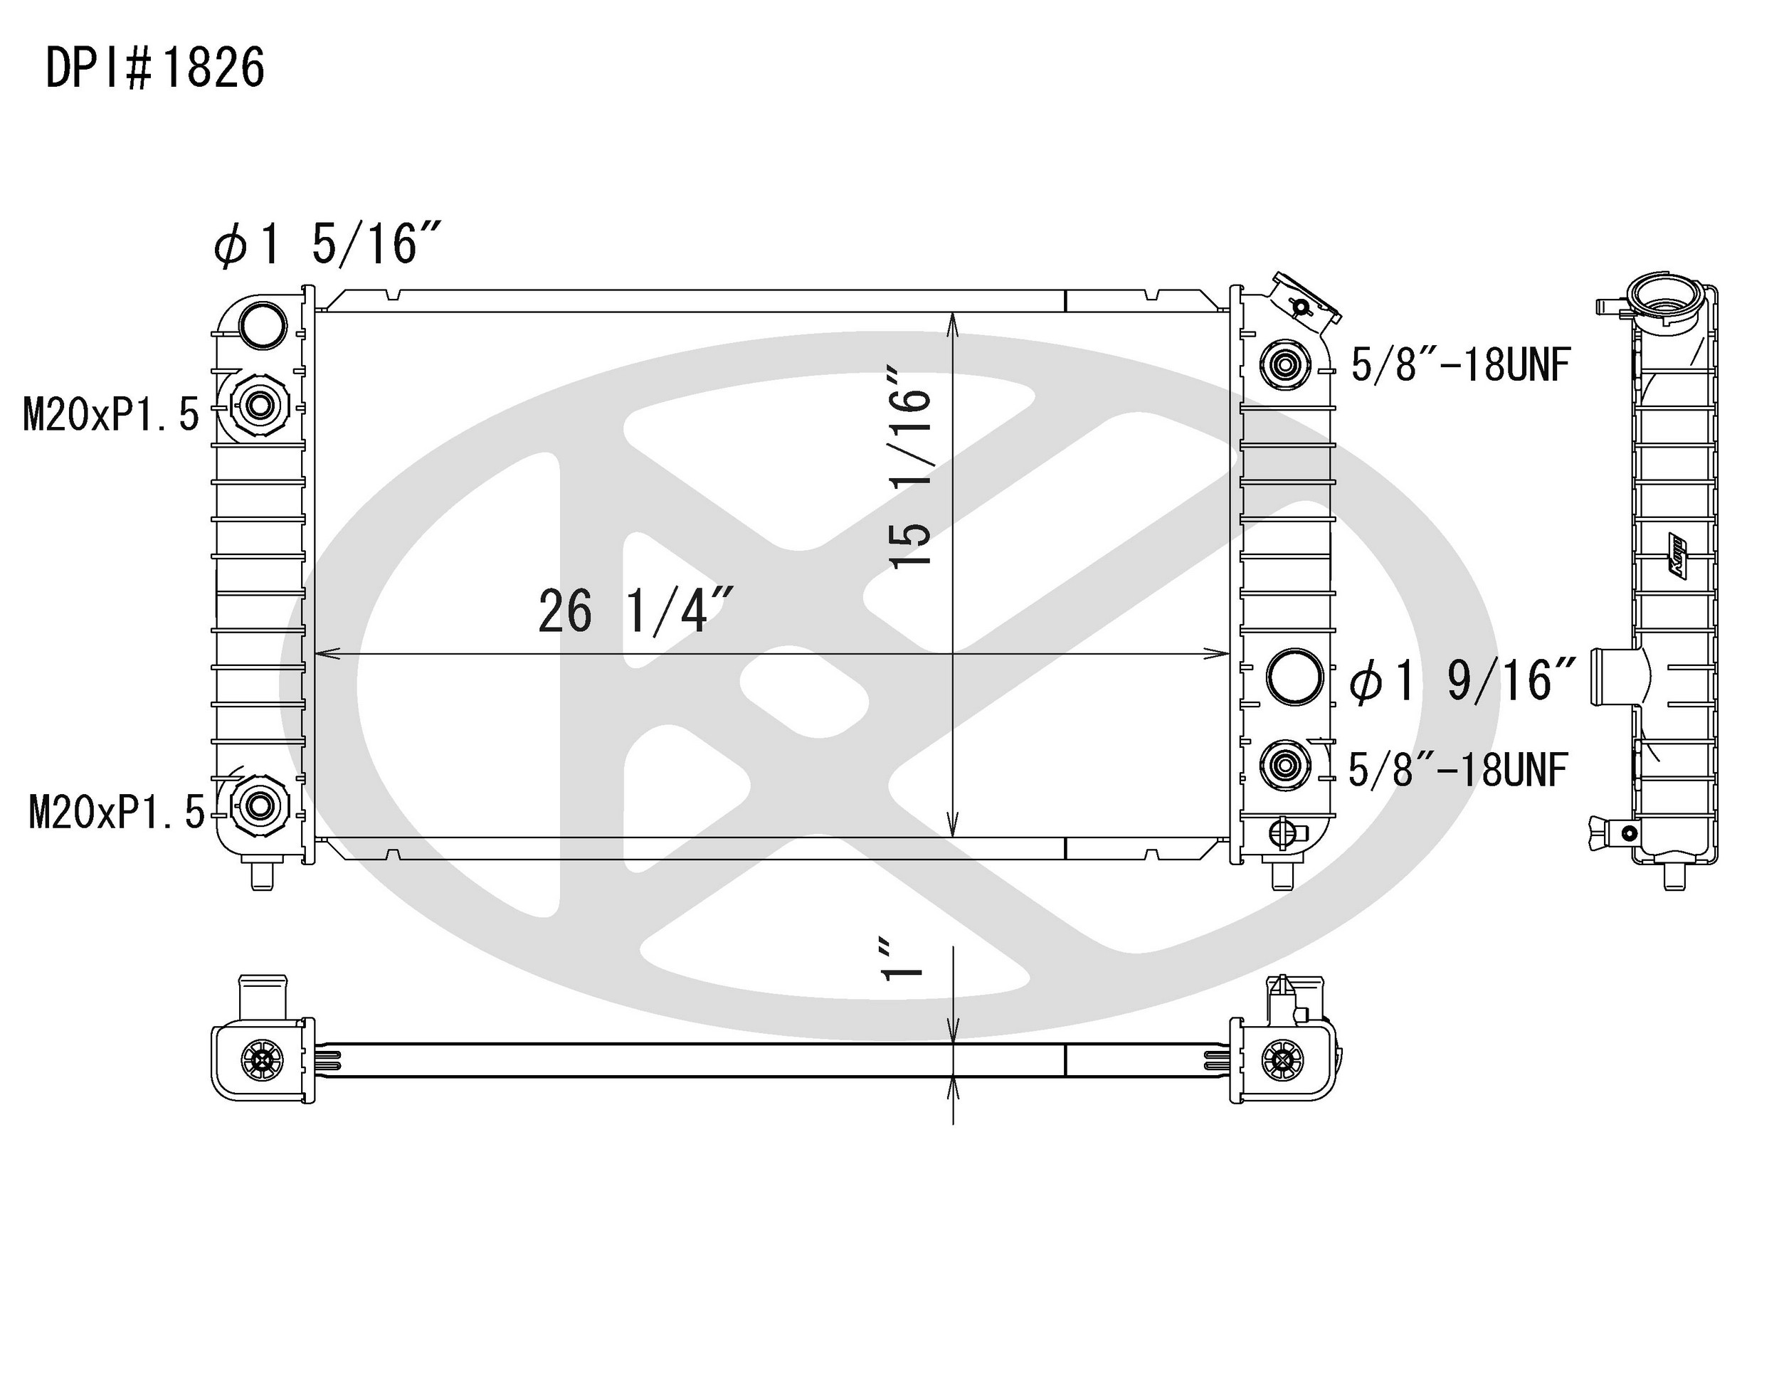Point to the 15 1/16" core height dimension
pos(911,467)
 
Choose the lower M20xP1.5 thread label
pos(117,812)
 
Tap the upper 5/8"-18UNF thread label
pos(1459,364)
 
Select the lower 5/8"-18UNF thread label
pos(1458,770)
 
